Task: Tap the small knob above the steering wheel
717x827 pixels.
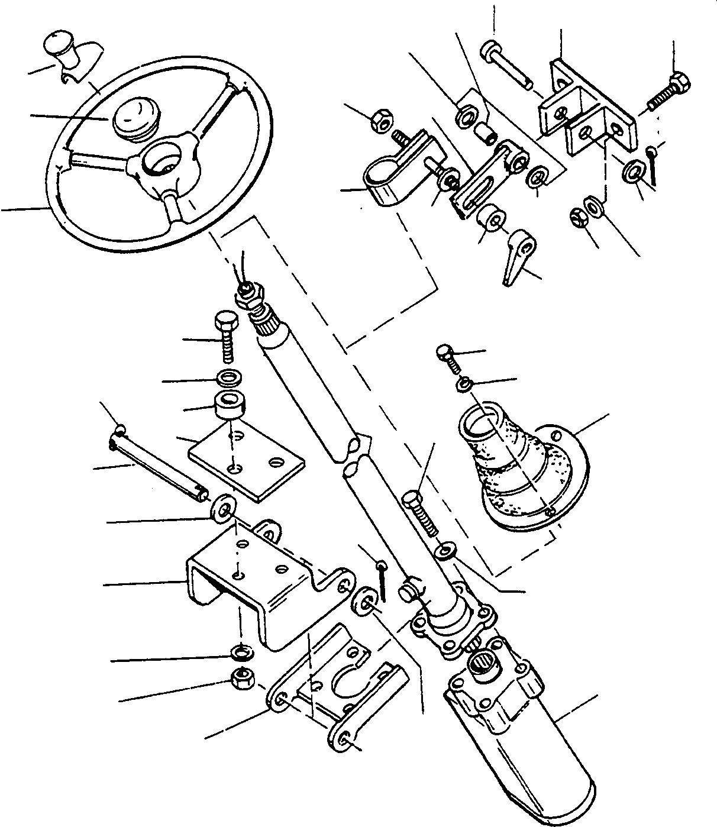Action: [x=59, y=47]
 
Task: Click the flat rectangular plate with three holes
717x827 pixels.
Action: [x=246, y=464]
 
